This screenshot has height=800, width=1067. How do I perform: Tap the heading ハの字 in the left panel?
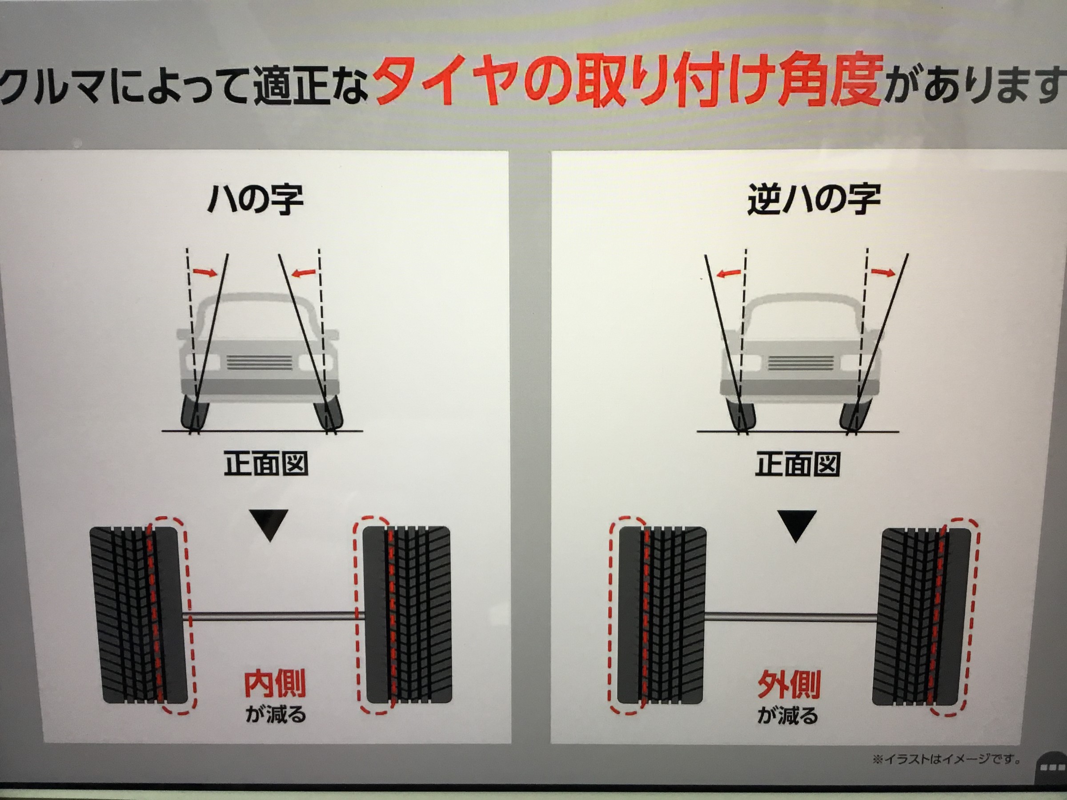[x=256, y=199]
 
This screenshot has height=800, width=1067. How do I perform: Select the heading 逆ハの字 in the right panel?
[x=814, y=199]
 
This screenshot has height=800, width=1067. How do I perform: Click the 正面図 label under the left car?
[x=266, y=464]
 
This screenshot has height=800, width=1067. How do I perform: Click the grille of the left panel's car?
[x=260, y=362]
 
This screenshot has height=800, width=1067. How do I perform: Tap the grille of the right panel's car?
[x=801, y=363]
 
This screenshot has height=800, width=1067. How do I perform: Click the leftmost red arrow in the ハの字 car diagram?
[x=205, y=272]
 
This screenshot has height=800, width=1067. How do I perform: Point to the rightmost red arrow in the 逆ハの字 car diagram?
[x=883, y=273]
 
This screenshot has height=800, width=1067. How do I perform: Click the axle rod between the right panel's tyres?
[x=791, y=617]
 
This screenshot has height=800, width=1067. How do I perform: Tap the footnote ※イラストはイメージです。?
[x=947, y=760]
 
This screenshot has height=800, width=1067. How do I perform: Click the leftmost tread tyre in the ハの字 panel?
[x=138, y=615]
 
